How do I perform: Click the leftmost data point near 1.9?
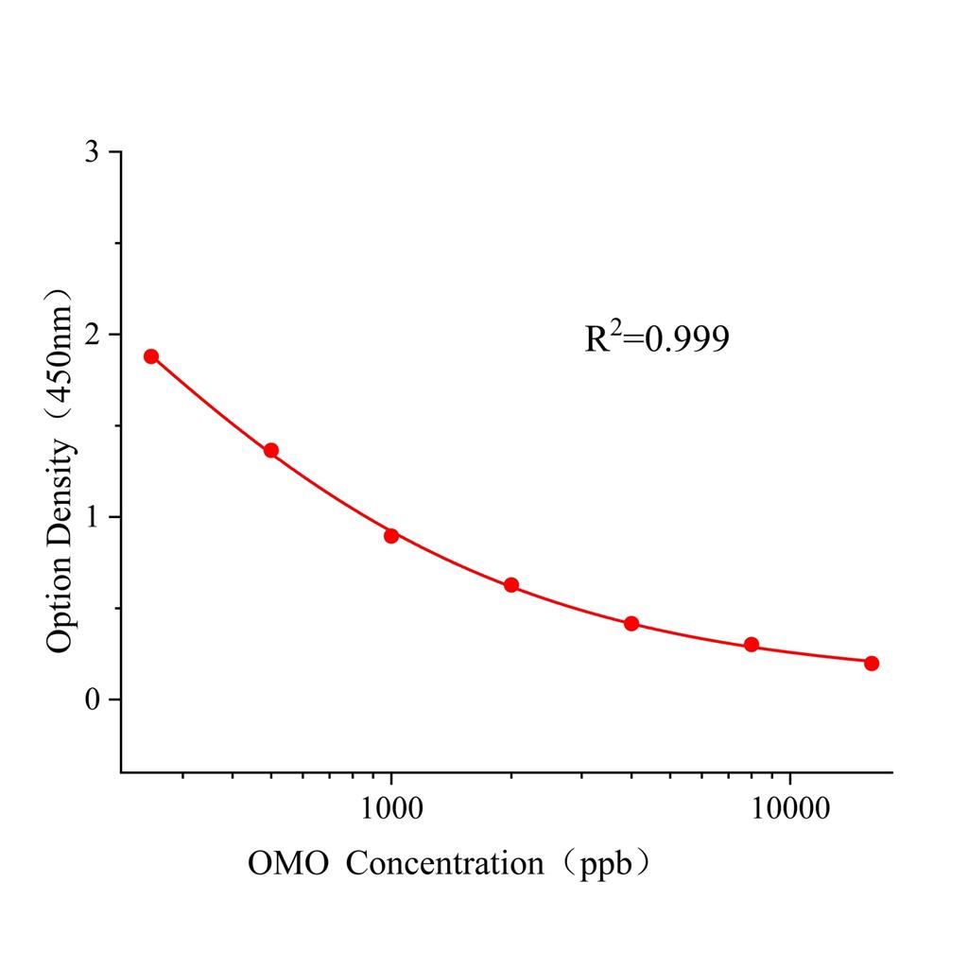[151, 356]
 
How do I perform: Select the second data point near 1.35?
[271, 451]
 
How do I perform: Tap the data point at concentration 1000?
[391, 536]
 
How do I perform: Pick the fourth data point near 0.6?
[511, 585]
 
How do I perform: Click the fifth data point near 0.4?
[631, 624]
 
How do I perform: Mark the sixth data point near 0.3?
[752, 645]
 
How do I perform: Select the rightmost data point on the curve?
[872, 664]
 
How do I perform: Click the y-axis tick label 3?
[92, 152]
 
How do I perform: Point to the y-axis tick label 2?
[92, 335]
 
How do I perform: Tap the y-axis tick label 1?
[92, 517]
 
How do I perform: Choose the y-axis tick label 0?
[92, 700]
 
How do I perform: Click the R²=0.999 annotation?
[657, 338]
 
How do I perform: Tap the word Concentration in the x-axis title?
[445, 863]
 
